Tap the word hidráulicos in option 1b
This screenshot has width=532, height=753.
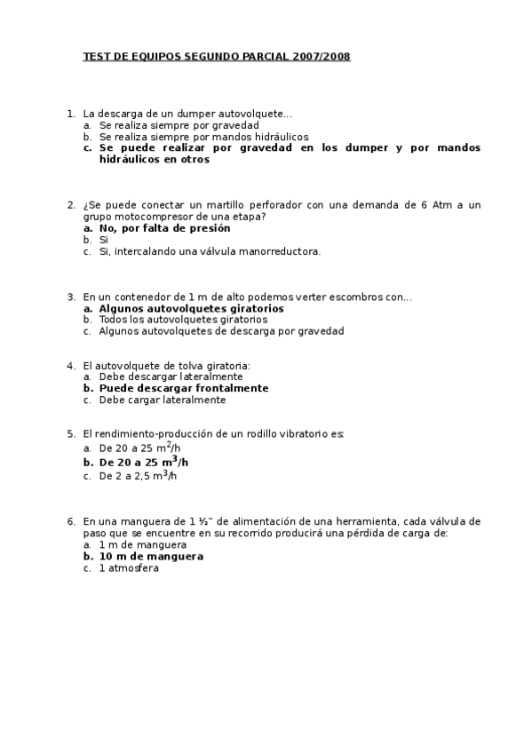point(280,137)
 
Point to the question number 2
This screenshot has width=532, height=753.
point(70,204)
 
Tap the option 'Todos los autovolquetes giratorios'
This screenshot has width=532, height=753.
point(183,320)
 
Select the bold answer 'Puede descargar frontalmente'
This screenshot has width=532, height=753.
point(183,388)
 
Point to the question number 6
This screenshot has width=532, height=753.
point(70,521)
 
